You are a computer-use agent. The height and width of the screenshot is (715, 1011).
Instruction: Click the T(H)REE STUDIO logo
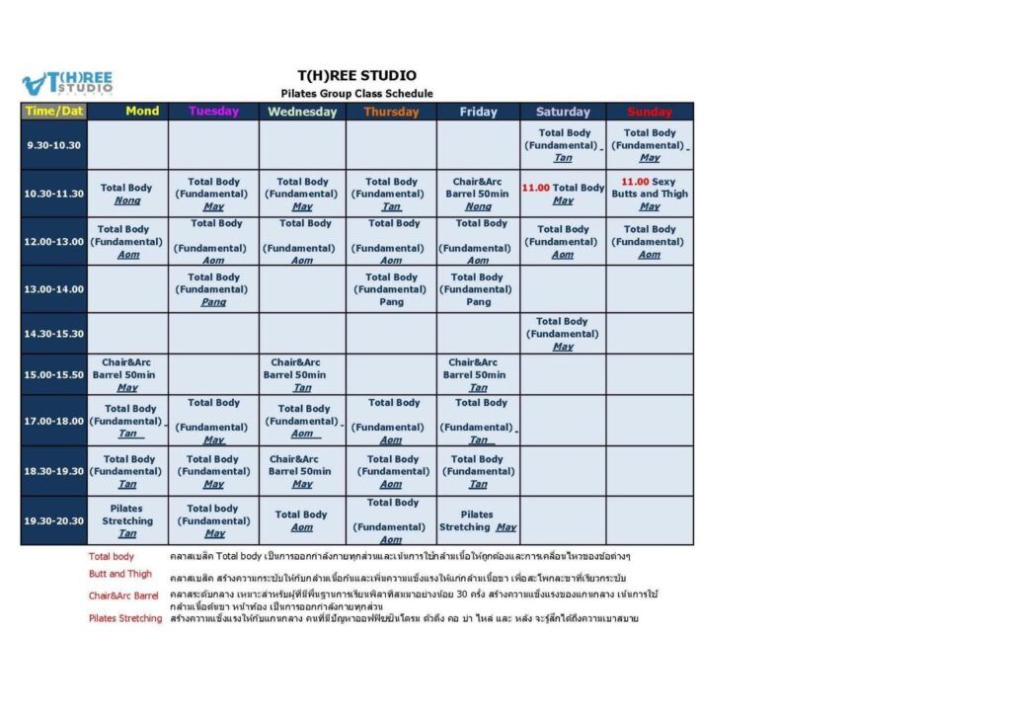click(67, 83)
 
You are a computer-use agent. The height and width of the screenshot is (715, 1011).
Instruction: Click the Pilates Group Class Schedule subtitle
click(356, 94)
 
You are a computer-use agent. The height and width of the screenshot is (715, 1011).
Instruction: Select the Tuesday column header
click(213, 112)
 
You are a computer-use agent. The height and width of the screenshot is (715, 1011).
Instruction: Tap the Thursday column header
click(391, 112)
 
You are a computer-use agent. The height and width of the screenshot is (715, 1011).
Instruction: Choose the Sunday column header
click(649, 112)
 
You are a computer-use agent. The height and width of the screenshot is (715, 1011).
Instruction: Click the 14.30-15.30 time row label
click(53, 334)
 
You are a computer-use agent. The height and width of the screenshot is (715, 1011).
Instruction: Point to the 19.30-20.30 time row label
click(53, 520)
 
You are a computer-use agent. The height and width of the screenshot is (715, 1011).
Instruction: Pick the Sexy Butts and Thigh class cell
click(649, 194)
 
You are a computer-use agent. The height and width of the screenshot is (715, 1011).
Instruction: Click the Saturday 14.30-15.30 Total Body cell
click(562, 334)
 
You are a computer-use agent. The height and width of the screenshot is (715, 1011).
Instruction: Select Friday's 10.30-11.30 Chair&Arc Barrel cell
click(479, 194)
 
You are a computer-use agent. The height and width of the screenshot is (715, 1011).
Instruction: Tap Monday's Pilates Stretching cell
click(127, 520)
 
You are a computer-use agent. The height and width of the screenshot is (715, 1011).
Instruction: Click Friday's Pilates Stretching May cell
click(478, 520)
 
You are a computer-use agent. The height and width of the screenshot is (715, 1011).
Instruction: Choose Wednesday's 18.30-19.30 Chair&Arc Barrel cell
click(302, 471)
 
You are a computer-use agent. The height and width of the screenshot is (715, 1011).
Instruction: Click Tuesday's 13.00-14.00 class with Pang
click(213, 289)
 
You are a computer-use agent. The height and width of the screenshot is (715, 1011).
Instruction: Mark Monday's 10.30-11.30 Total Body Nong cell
click(127, 194)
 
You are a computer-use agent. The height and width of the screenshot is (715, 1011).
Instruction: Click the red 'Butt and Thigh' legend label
click(120, 574)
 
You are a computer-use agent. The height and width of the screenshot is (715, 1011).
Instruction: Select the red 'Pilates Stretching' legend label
click(125, 618)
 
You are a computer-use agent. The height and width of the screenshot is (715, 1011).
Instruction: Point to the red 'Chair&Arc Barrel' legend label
click(123, 596)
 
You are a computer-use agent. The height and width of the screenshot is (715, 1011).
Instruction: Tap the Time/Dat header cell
click(53, 112)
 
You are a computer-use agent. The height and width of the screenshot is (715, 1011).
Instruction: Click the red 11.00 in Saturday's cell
click(535, 188)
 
